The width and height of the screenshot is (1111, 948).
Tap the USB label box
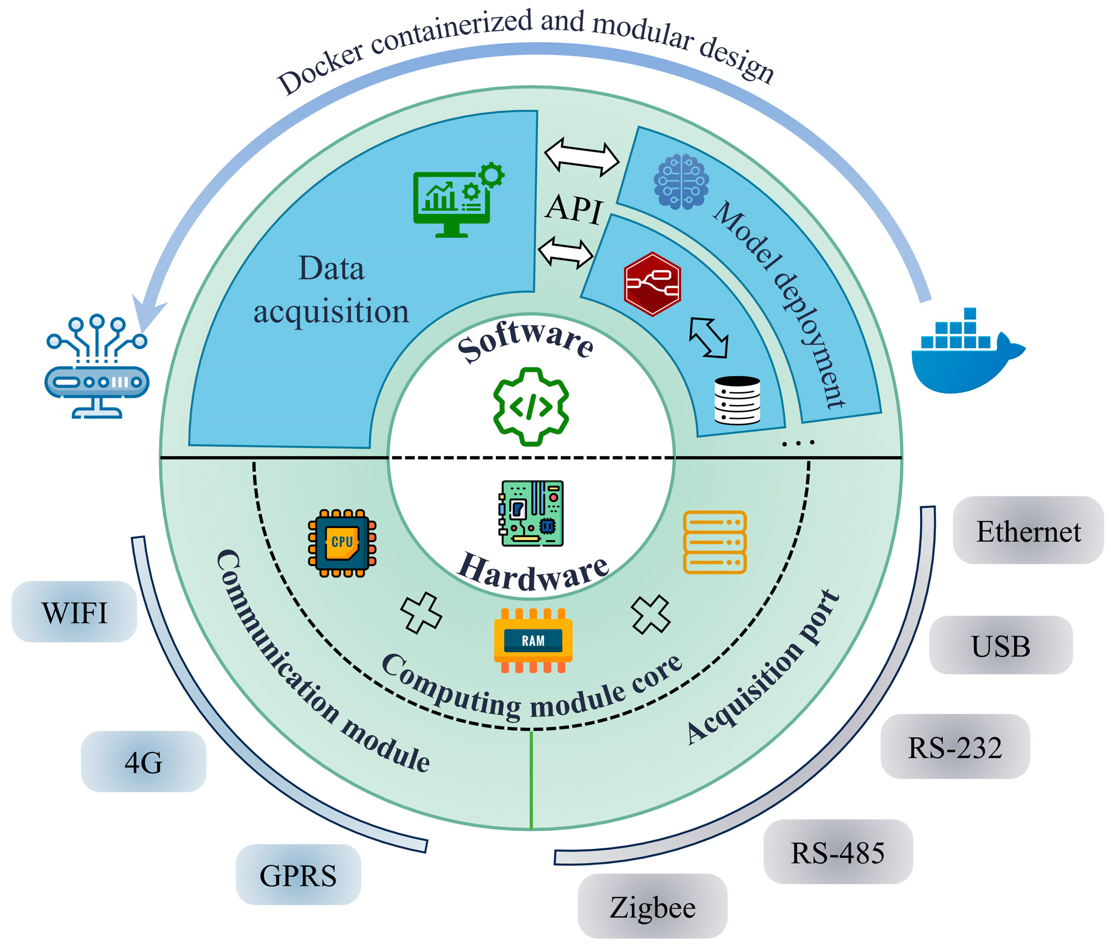pos(1000,645)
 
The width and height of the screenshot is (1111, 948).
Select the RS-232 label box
pos(954,746)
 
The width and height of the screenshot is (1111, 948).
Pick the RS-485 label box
pos(837,852)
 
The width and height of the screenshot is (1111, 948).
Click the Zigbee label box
pos(652,906)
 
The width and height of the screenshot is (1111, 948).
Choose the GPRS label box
pos(298,875)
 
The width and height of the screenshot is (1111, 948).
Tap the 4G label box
pos(143,762)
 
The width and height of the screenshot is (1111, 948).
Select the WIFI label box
pos(74,612)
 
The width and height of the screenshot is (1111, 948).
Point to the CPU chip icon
pos(342,542)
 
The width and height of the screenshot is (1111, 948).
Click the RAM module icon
pos(533,640)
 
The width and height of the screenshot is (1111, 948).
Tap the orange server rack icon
pos(714,542)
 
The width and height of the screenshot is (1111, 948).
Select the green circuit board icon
pos(531,513)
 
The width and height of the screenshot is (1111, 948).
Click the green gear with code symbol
pos(530,406)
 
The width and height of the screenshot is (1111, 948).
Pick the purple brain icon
pos(680,182)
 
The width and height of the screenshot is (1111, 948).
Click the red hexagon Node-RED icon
pos(652,284)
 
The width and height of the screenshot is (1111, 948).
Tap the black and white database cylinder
pos(736,400)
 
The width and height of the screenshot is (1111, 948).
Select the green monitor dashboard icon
pos(457,199)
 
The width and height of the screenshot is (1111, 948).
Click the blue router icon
pos(97,367)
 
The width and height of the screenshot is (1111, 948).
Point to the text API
pos(574,209)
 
